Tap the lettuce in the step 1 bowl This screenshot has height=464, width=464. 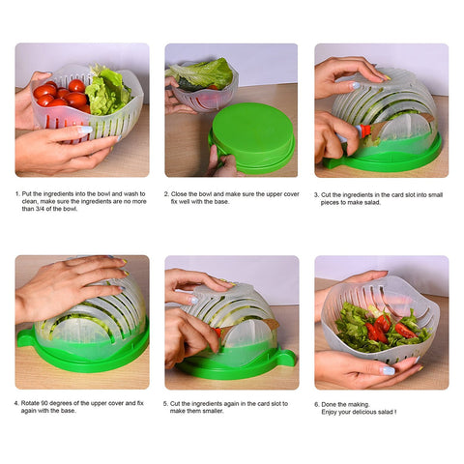click(107, 89)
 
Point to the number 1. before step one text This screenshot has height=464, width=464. click(18, 192)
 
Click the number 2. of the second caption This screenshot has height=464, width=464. click(168, 192)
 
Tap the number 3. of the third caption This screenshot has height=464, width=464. click(317, 192)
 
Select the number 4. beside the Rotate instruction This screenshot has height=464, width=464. click(18, 403)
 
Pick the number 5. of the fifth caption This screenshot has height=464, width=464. click(168, 403)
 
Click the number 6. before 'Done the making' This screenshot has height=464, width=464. click(317, 403)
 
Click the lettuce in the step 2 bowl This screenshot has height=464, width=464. click(203, 73)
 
